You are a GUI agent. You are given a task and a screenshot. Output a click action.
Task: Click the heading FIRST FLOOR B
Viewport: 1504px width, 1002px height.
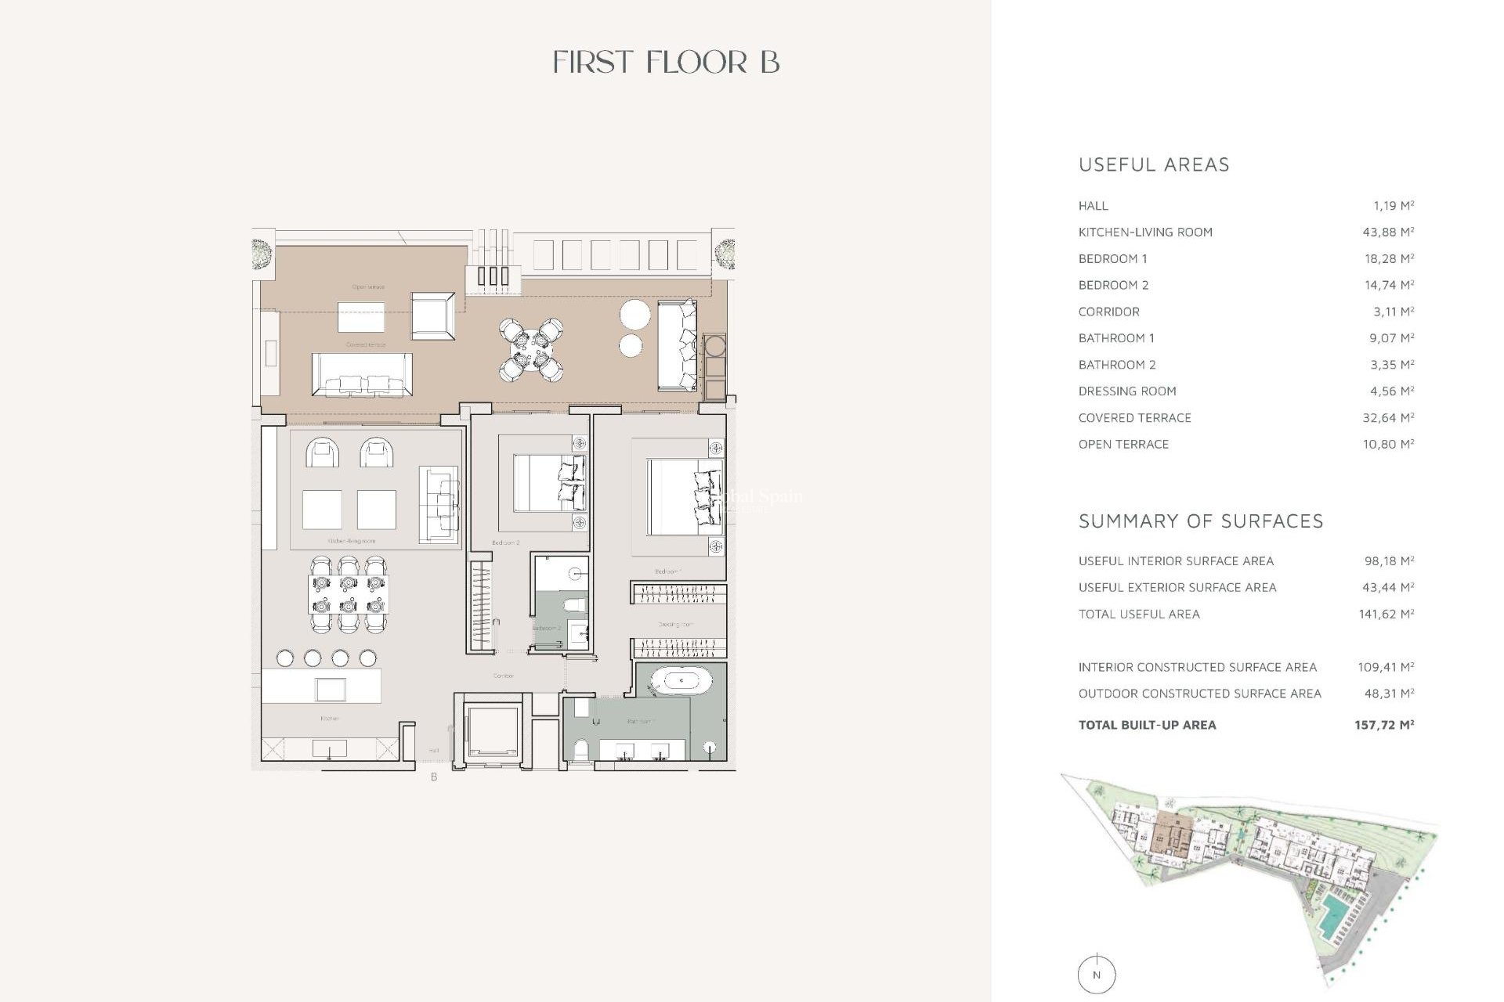666,63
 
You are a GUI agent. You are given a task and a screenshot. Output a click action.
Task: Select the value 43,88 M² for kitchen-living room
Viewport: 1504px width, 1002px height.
1388,232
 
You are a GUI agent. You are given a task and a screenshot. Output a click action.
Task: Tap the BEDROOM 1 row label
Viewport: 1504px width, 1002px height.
1112,258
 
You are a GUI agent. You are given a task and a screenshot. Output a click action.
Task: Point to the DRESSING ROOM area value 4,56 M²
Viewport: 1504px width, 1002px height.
1388,391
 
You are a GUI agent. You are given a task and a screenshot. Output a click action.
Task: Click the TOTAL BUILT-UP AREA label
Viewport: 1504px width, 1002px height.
1147,725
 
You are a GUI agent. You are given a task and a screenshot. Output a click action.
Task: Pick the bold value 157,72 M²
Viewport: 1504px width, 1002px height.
1383,725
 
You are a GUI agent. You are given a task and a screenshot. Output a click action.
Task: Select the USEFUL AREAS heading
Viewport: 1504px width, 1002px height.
1154,164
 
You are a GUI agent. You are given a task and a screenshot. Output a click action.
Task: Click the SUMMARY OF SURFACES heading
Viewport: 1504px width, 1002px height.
1200,521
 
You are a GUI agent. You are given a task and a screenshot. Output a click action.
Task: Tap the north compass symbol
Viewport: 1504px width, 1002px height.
1096,975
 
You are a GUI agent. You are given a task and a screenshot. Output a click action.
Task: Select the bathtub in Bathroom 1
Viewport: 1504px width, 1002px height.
681,681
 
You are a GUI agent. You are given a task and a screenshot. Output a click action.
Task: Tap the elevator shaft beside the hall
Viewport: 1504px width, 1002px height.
491,729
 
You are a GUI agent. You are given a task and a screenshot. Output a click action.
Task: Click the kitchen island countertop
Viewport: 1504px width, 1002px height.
321,686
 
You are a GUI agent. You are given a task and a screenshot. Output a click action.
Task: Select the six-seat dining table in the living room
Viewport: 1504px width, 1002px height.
348,594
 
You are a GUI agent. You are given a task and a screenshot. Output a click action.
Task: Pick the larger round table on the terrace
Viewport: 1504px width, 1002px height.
634,315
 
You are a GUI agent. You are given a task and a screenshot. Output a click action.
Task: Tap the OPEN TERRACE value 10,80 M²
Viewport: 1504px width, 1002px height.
1388,444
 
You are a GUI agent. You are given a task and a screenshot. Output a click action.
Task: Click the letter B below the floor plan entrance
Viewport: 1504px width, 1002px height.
434,777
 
